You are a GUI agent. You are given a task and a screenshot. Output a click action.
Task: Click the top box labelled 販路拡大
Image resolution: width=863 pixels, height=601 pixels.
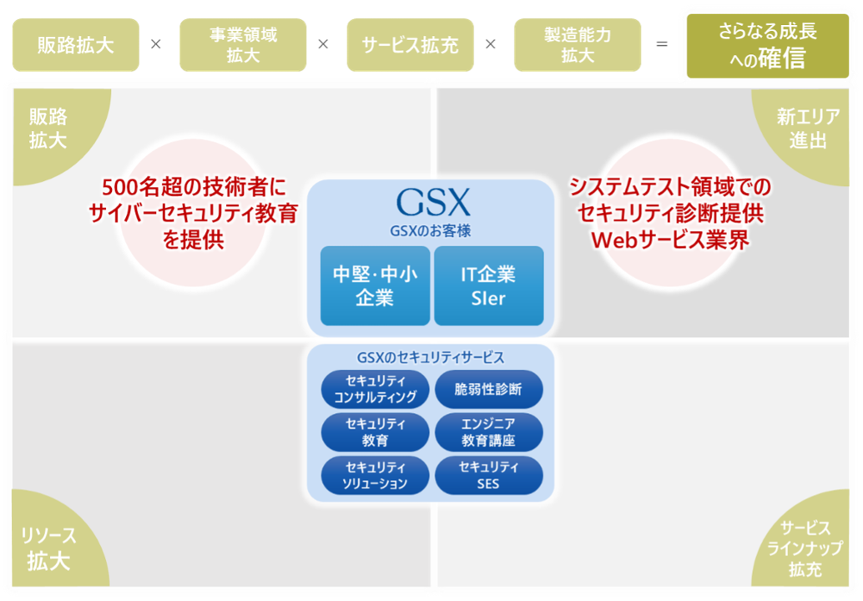point(75,45)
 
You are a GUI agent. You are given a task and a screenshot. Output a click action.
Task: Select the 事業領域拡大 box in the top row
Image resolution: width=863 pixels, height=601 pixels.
point(243,45)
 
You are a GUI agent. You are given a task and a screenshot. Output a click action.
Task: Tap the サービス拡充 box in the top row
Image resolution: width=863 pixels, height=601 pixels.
point(410,45)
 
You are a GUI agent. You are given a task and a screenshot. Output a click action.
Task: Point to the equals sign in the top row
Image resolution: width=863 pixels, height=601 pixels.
point(662,44)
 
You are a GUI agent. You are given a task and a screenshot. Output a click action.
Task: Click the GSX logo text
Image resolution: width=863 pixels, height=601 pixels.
point(432,201)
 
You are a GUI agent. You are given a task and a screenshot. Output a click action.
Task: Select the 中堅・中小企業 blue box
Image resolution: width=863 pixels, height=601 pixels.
point(375,285)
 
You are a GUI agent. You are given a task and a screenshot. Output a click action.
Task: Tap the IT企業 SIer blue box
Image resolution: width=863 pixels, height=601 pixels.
point(488,285)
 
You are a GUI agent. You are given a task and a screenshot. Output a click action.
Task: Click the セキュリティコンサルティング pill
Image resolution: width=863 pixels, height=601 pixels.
point(375,389)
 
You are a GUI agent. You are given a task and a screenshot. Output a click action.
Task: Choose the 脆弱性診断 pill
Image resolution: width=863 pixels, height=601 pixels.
point(488,389)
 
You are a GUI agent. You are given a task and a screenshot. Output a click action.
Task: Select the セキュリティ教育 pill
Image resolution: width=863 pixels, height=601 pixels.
point(375,432)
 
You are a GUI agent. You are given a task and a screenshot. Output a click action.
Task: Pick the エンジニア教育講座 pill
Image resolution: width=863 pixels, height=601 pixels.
point(488,432)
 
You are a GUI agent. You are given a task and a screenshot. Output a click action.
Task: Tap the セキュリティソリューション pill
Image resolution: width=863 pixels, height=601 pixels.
point(375,475)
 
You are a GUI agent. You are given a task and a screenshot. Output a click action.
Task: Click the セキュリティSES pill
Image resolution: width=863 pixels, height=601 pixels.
point(488,475)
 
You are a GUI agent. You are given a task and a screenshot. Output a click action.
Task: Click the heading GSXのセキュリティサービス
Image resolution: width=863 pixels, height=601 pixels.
point(431,357)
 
